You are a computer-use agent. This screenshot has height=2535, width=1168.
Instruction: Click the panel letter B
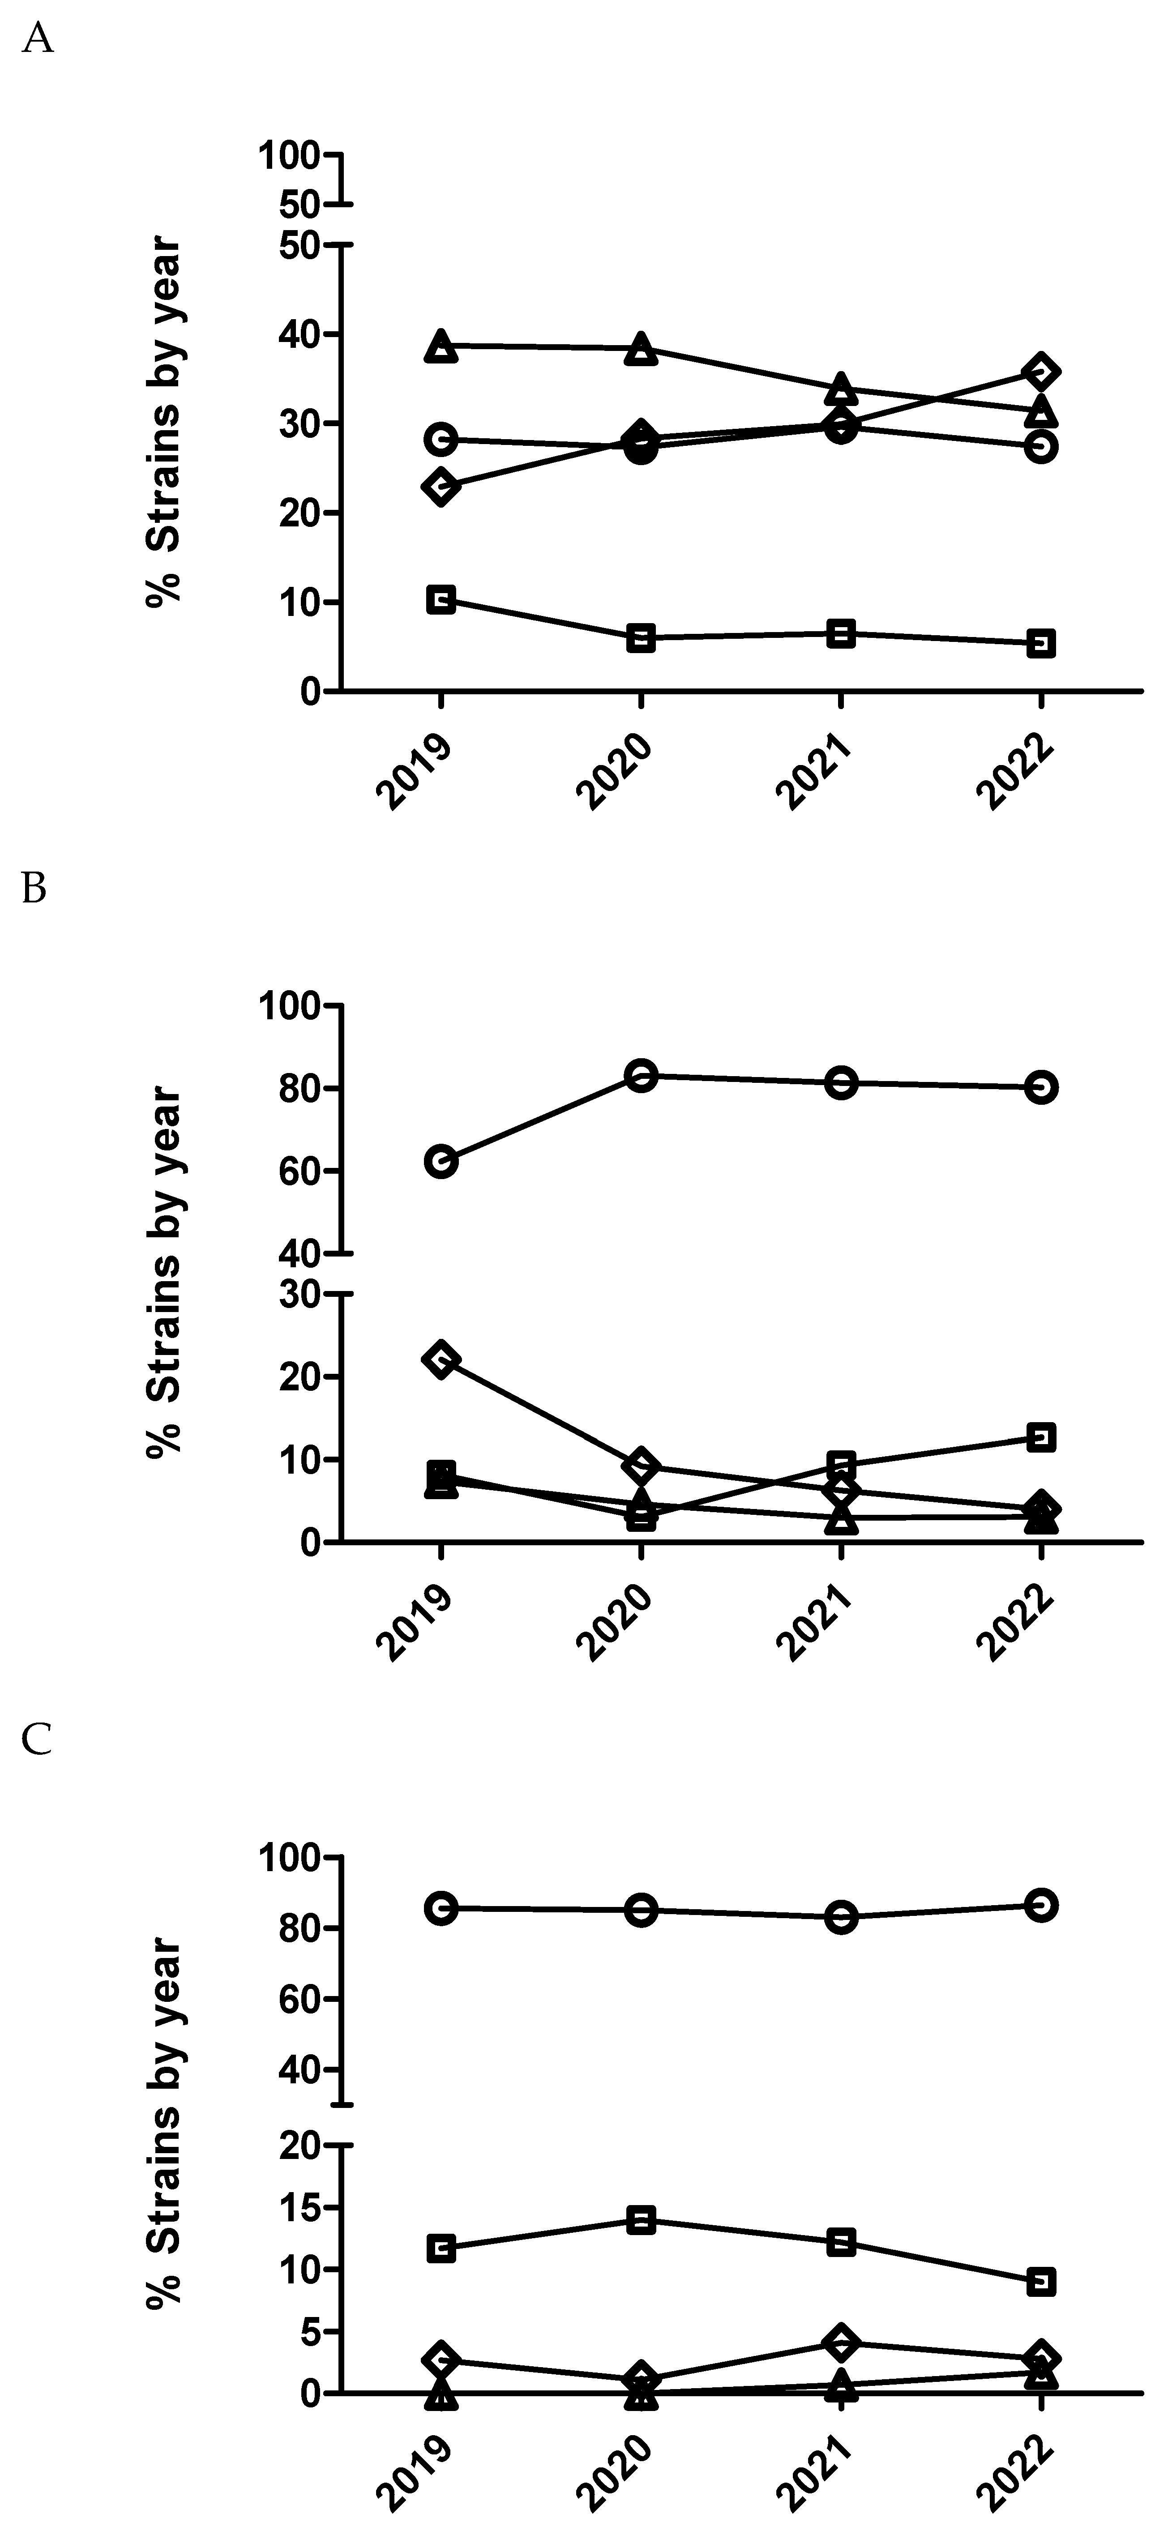click(x=34, y=889)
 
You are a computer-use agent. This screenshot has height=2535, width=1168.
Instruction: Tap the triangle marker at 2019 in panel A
click(x=441, y=346)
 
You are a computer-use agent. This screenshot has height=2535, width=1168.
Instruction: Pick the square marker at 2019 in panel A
click(x=441, y=599)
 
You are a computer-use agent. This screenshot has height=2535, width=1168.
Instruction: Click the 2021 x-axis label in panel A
click(x=815, y=774)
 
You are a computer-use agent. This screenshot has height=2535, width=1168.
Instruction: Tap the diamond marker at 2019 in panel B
click(x=441, y=1359)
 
